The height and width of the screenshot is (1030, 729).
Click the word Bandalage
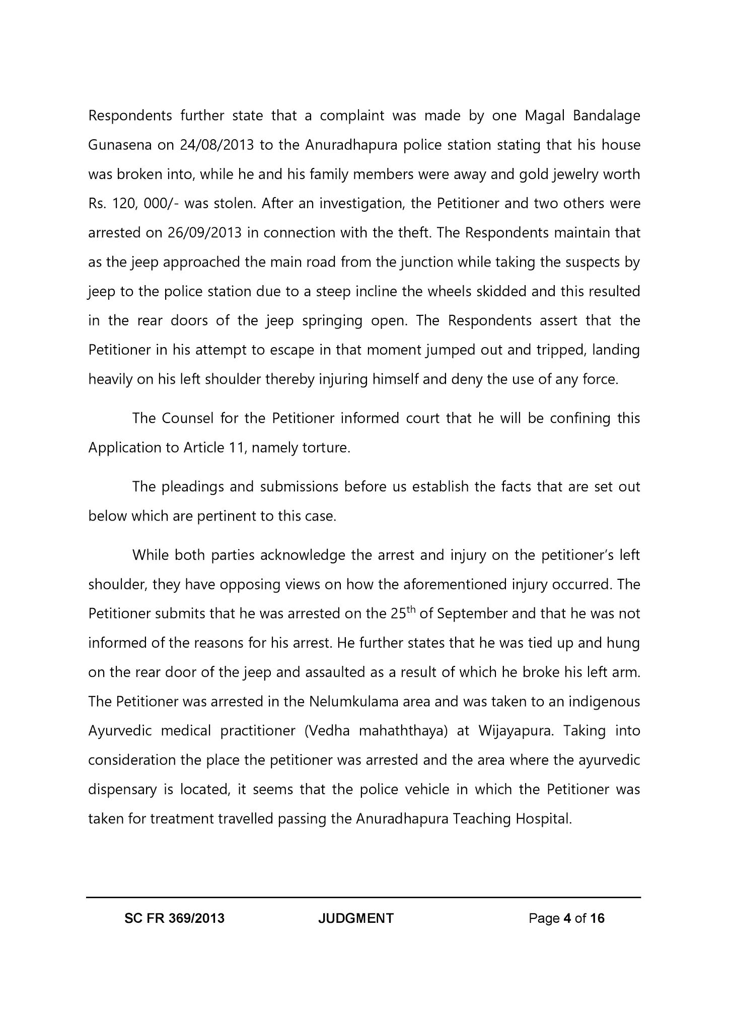[606, 116]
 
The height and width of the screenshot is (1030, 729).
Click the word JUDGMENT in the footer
[356, 919]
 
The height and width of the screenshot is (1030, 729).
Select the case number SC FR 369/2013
[174, 919]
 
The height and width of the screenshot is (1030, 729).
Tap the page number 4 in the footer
[567, 919]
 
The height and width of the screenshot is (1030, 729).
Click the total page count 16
[597, 919]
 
